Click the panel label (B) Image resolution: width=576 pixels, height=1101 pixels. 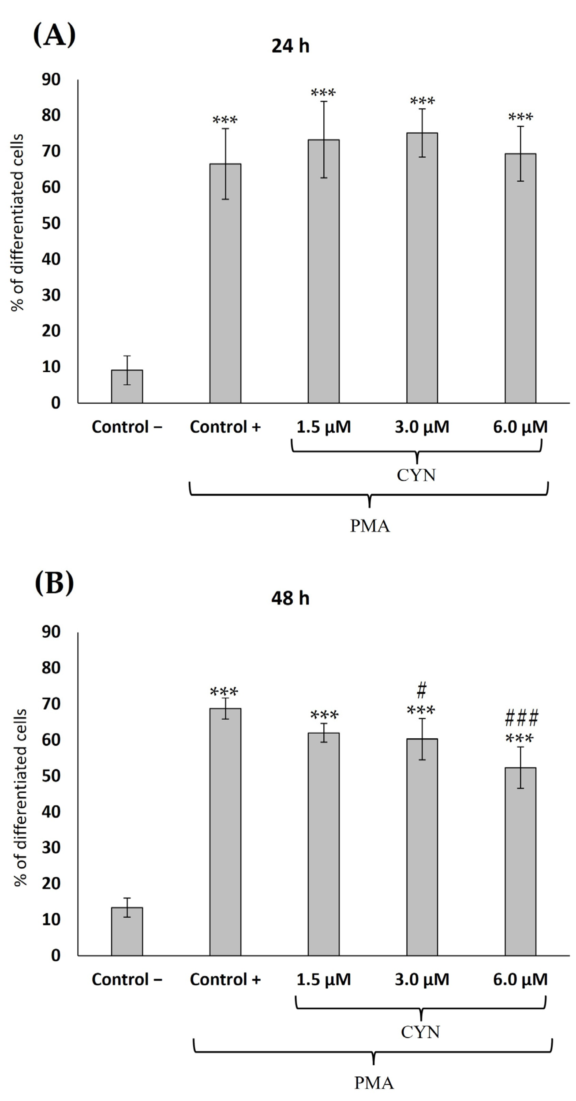(x=54, y=582)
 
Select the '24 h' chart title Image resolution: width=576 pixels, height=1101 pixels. (x=290, y=46)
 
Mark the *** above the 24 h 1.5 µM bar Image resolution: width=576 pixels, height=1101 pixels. (x=323, y=93)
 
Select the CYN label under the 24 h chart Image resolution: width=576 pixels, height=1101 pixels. (x=416, y=475)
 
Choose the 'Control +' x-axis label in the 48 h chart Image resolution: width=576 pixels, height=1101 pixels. (x=225, y=979)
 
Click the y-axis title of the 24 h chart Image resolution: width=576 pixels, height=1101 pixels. (x=17, y=222)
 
